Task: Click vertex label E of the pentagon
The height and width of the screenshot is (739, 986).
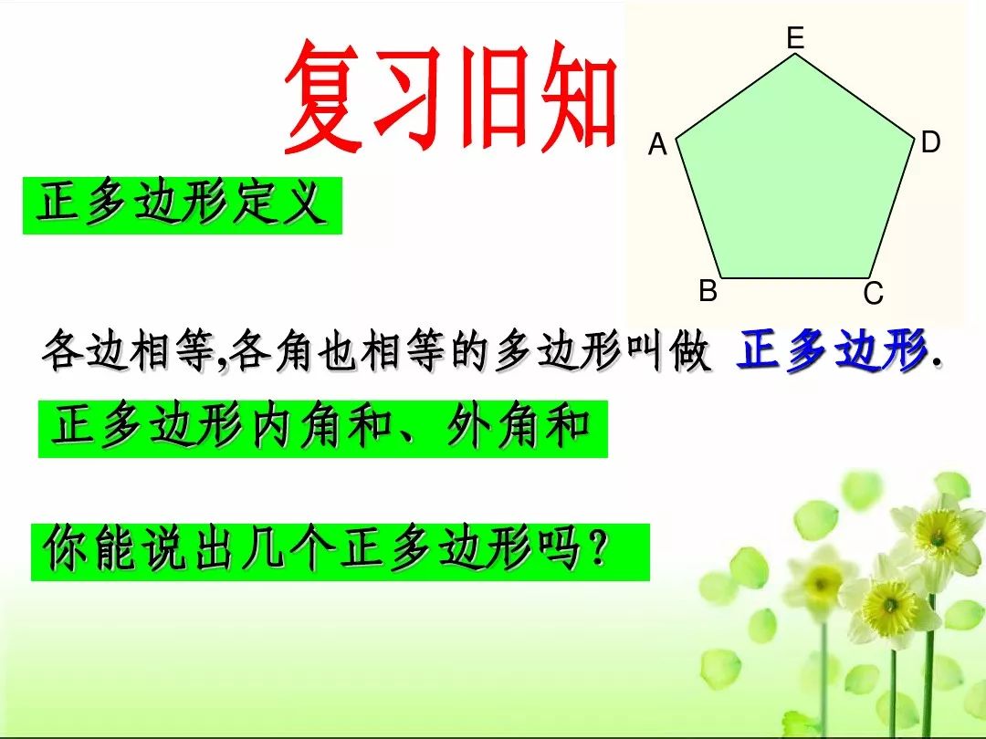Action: tap(795, 37)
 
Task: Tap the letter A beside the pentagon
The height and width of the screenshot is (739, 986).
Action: tap(657, 145)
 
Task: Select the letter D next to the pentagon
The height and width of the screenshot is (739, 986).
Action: tap(930, 142)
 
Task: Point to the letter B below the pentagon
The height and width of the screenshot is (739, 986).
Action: tap(708, 292)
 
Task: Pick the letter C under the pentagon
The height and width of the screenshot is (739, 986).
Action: tap(873, 294)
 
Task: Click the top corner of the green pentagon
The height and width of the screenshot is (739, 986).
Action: tap(796, 55)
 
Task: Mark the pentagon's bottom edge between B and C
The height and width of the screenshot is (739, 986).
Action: tap(795, 278)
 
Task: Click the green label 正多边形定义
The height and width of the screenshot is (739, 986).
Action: tap(182, 205)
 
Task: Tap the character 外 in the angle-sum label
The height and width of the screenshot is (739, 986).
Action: tap(468, 427)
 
